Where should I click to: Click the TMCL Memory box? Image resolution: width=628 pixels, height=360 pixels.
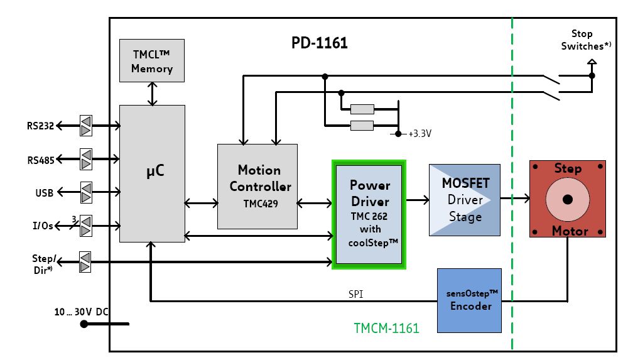(x=151, y=61)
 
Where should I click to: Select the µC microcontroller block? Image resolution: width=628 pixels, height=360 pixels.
(x=152, y=173)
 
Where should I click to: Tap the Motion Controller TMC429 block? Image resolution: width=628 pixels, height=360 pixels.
(x=257, y=186)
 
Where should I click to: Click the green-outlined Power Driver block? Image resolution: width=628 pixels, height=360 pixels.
(x=369, y=214)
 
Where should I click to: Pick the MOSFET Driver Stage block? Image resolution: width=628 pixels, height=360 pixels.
(x=464, y=200)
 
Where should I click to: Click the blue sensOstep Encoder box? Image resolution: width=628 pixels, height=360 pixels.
(x=468, y=300)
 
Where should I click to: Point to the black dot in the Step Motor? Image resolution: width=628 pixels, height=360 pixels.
(x=568, y=199)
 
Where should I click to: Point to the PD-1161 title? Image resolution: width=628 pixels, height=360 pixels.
(x=319, y=43)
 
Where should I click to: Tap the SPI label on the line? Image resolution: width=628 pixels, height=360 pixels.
(x=355, y=293)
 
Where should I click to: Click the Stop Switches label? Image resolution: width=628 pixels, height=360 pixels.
(x=582, y=40)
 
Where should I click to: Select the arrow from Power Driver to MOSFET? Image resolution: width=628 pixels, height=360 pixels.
(x=417, y=200)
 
